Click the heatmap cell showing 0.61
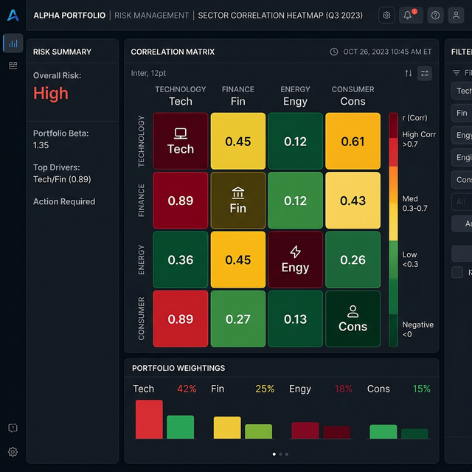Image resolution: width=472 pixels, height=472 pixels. tap(353, 141)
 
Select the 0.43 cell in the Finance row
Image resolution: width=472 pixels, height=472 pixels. tap(353, 201)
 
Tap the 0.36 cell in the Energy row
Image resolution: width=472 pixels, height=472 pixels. tap(181, 260)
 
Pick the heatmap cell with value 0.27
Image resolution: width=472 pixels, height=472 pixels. tap(237, 319)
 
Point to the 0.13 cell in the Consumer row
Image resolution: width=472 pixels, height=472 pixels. tap(295, 319)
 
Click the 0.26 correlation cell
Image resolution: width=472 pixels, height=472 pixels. tap(353, 260)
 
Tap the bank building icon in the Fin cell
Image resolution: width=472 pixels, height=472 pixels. tap(237, 192)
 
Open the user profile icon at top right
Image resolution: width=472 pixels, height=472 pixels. tap(456, 15)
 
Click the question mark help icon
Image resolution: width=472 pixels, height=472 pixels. tap(435, 15)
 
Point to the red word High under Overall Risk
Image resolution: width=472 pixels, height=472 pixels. tap(50, 93)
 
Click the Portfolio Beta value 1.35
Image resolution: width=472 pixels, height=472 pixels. tap(41, 146)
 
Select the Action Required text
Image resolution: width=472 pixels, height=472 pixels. tap(64, 201)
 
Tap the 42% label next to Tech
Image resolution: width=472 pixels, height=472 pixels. tap(186, 389)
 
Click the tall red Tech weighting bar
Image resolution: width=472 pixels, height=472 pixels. tap(149, 419)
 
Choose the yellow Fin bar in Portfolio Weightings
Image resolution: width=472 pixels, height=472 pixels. tap(227, 428)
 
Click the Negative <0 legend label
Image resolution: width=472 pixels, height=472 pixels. tap(417, 329)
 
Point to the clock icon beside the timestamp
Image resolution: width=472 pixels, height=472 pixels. tap(334, 52)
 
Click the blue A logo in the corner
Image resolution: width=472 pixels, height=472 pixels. tap(13, 15)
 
